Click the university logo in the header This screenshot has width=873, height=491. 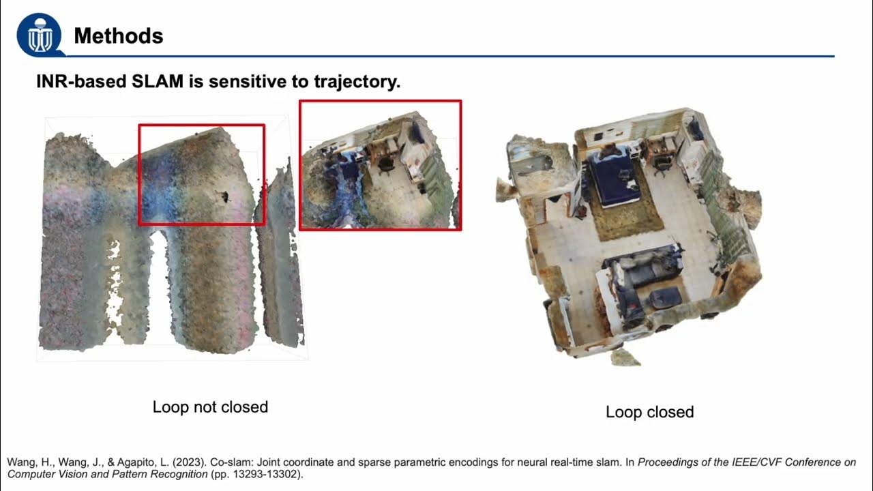tap(40, 35)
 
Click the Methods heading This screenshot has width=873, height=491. tap(119, 36)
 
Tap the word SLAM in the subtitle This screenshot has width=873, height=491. tap(158, 81)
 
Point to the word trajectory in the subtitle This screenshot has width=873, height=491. tap(357, 82)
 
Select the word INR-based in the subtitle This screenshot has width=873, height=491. tap(81, 81)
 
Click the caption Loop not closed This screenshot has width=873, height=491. tap(210, 407)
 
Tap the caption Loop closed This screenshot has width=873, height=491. tap(650, 412)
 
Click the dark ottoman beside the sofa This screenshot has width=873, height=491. tap(666, 298)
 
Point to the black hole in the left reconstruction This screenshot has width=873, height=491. tap(224, 197)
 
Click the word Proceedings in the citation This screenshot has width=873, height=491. tap(664, 462)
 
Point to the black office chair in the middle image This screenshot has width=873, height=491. tap(385, 164)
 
